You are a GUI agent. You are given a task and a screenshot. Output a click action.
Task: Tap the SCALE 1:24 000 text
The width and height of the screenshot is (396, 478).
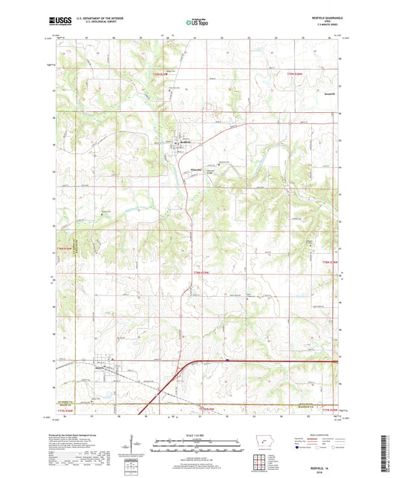[x=197, y=436]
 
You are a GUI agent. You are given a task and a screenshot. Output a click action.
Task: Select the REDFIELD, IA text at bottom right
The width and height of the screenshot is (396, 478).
[x=325, y=460]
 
